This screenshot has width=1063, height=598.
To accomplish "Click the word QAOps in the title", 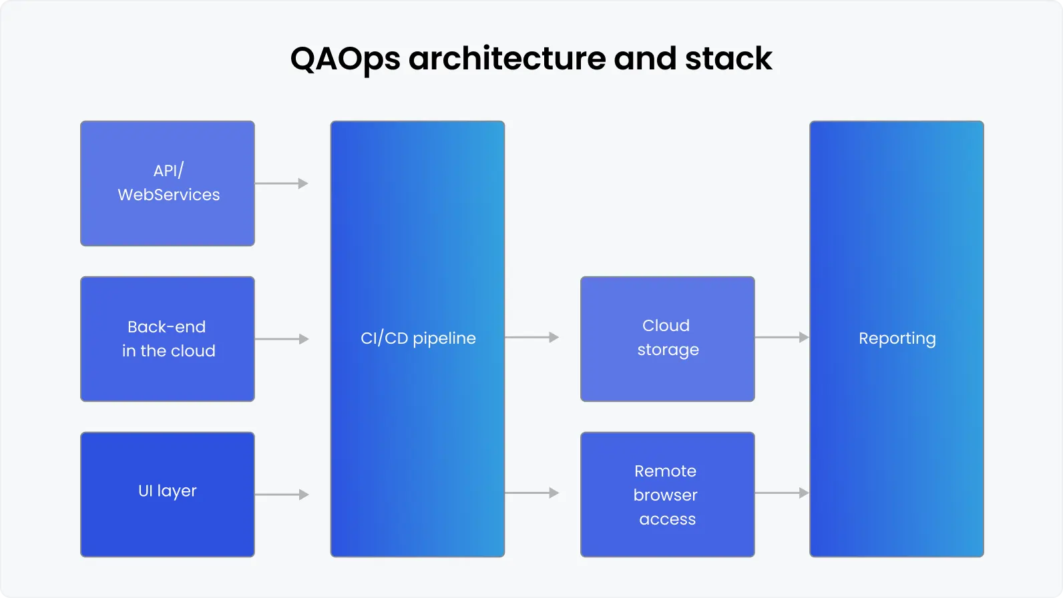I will (x=345, y=59).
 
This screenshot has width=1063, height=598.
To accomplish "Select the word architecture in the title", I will (x=507, y=59).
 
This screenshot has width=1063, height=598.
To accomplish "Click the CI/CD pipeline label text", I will (x=418, y=338).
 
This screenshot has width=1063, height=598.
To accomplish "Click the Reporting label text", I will (x=897, y=338).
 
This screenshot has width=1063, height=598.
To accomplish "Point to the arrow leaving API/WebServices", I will (x=281, y=184).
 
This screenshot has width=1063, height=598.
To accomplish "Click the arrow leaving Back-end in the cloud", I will (x=281, y=339).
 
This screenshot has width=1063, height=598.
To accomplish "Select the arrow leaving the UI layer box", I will (x=281, y=495).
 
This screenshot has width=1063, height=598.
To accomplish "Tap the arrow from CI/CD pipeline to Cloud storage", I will (x=531, y=338).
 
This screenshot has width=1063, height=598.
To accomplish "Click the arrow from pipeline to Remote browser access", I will (x=531, y=493).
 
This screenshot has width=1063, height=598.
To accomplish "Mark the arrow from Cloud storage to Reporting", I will (x=781, y=338).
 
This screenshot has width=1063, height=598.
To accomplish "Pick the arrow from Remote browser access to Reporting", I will (x=781, y=493).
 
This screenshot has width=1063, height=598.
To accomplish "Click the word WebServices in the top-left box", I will (x=169, y=195).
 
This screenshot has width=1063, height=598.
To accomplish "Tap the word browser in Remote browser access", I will (x=666, y=495).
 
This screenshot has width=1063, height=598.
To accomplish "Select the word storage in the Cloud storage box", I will (x=668, y=350).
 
